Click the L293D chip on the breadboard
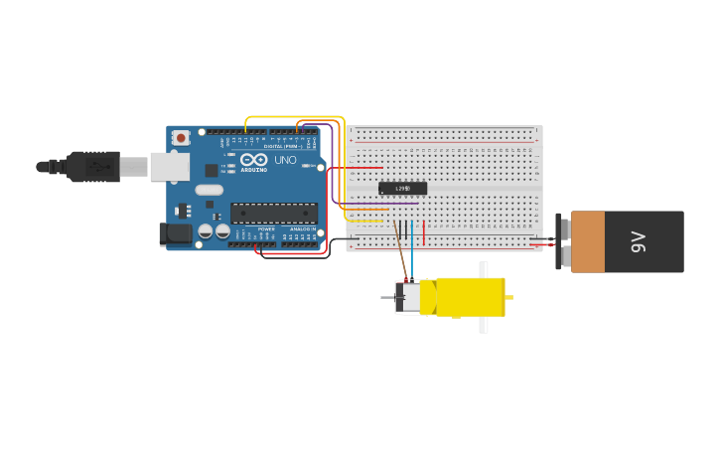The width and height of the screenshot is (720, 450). pos(402,188)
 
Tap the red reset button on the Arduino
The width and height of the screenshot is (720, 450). pos(181,138)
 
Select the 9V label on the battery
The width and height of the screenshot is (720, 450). pos(639,241)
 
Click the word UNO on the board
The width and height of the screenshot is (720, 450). pos(285,160)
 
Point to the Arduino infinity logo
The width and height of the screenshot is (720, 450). pos(253,159)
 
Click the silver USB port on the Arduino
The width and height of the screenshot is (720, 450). pos(169,166)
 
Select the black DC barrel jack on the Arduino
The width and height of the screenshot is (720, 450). pos(176,234)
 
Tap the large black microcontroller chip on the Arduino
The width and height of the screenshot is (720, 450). pos(274,213)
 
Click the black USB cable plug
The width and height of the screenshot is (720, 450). pos(94,166)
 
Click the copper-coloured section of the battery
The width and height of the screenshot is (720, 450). pos(587,241)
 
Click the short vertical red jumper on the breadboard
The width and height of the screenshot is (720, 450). pos(424,233)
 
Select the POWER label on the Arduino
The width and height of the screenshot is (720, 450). pos(266,229)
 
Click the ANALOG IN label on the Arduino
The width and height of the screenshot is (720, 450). pos(303,229)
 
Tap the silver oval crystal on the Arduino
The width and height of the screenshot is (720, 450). pos(209,190)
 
